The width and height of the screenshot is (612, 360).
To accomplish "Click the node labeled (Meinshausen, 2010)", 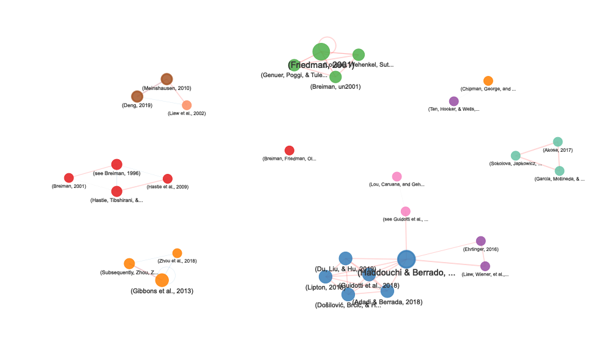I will pyautogui.click(x=167, y=79).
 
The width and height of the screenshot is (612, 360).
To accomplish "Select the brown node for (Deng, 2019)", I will pyautogui.click(x=137, y=96).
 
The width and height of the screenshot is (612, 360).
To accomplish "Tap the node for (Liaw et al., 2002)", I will pyautogui.click(x=187, y=105).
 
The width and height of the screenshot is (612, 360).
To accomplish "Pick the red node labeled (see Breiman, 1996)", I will pyautogui.click(x=116, y=164).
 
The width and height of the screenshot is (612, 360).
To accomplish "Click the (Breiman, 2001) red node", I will pyautogui.click(x=69, y=178).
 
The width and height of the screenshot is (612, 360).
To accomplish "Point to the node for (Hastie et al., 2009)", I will pyautogui.click(x=168, y=178).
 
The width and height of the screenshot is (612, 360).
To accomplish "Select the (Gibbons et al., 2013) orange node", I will pyautogui.click(x=162, y=280).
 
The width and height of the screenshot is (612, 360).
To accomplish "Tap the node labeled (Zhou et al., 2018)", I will pyautogui.click(x=177, y=253).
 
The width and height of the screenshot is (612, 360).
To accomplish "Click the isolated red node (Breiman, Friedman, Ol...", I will pyautogui.click(x=289, y=151).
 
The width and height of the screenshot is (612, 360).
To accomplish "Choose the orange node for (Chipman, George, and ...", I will pyautogui.click(x=488, y=81).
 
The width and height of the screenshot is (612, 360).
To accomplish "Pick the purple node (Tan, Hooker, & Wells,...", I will pyautogui.click(x=453, y=101).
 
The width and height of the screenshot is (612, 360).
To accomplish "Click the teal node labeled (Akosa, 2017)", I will pyautogui.click(x=558, y=141).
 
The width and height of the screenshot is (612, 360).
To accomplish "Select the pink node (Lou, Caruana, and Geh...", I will pyautogui.click(x=397, y=176).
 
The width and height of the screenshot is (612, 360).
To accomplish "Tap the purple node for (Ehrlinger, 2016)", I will pyautogui.click(x=480, y=241).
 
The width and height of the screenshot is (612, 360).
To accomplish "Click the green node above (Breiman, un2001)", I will pyautogui.click(x=335, y=77).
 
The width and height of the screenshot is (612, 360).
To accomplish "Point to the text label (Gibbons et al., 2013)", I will pyautogui.click(x=162, y=291).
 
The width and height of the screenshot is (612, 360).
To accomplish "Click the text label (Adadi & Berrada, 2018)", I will pyautogui.click(x=387, y=302).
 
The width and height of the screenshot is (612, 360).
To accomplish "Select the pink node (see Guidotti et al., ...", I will pyautogui.click(x=405, y=211).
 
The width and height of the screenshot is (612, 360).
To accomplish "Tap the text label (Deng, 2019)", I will pyautogui.click(x=137, y=105).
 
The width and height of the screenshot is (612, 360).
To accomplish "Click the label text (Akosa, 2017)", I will pyautogui.click(x=558, y=150).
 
